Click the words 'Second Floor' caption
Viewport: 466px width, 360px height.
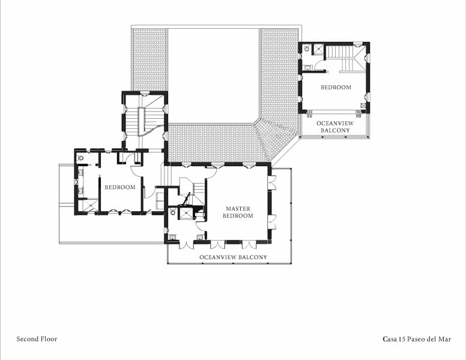click(37, 339)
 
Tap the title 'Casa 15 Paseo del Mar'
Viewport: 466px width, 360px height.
click(417, 339)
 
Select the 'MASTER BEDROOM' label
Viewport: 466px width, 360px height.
click(238, 212)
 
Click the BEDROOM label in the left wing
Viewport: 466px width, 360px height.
click(120, 187)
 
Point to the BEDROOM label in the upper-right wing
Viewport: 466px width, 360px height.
click(336, 87)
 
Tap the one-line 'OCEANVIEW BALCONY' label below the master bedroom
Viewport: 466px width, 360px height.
click(233, 257)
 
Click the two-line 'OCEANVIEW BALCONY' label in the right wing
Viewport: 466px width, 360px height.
click(335, 127)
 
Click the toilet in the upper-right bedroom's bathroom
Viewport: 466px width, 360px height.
click(307, 49)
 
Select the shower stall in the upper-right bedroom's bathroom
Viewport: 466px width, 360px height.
click(318, 49)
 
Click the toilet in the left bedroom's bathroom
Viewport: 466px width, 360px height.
click(80, 158)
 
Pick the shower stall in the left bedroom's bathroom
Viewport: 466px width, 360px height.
click(89, 206)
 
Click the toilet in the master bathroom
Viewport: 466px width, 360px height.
click(173, 212)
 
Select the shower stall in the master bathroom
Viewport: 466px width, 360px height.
click(186, 212)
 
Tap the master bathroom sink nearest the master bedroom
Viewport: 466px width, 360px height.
click(201, 237)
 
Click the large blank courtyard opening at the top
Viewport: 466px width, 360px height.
click(213, 76)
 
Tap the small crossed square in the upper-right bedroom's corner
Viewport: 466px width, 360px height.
click(363, 105)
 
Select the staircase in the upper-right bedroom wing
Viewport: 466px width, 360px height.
click(345, 58)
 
